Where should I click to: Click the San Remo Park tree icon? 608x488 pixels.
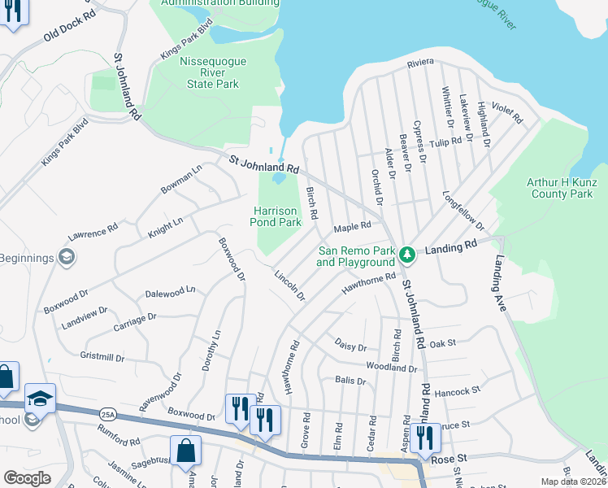pos(407,255)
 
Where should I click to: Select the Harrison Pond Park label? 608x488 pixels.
pos(275,215)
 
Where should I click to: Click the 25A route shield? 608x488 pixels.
pos(107,414)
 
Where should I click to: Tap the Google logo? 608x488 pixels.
pos(27,478)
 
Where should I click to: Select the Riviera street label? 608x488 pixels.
pos(421,62)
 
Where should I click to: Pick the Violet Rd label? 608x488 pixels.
pos(508,112)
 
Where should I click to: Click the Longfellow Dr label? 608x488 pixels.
pos(463,211)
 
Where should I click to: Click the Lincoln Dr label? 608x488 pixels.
pos(289,285)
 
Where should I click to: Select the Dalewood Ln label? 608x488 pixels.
pos(170,290)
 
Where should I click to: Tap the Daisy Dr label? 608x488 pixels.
pos(351,346)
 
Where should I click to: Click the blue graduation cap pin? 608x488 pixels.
pos(40,399)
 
